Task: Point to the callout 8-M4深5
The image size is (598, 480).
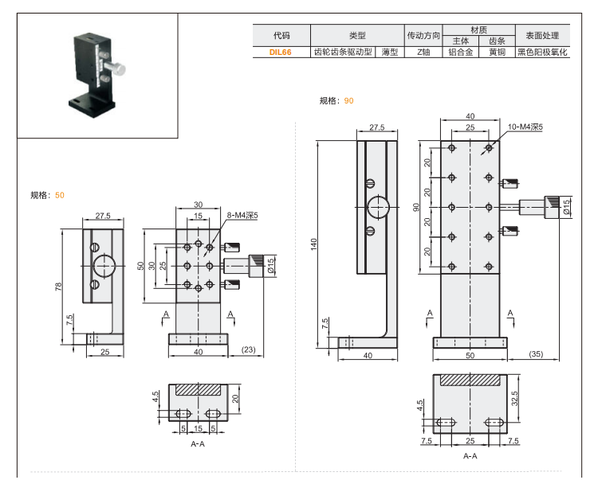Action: [x=231, y=215]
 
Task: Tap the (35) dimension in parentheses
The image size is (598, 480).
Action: [x=535, y=353]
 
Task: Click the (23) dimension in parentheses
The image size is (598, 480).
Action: [x=248, y=350]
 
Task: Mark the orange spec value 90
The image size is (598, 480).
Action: [x=348, y=100]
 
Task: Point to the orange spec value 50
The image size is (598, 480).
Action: [x=60, y=194]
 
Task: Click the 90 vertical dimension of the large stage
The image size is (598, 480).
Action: [x=416, y=207]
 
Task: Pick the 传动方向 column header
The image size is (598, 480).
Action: [x=423, y=35]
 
